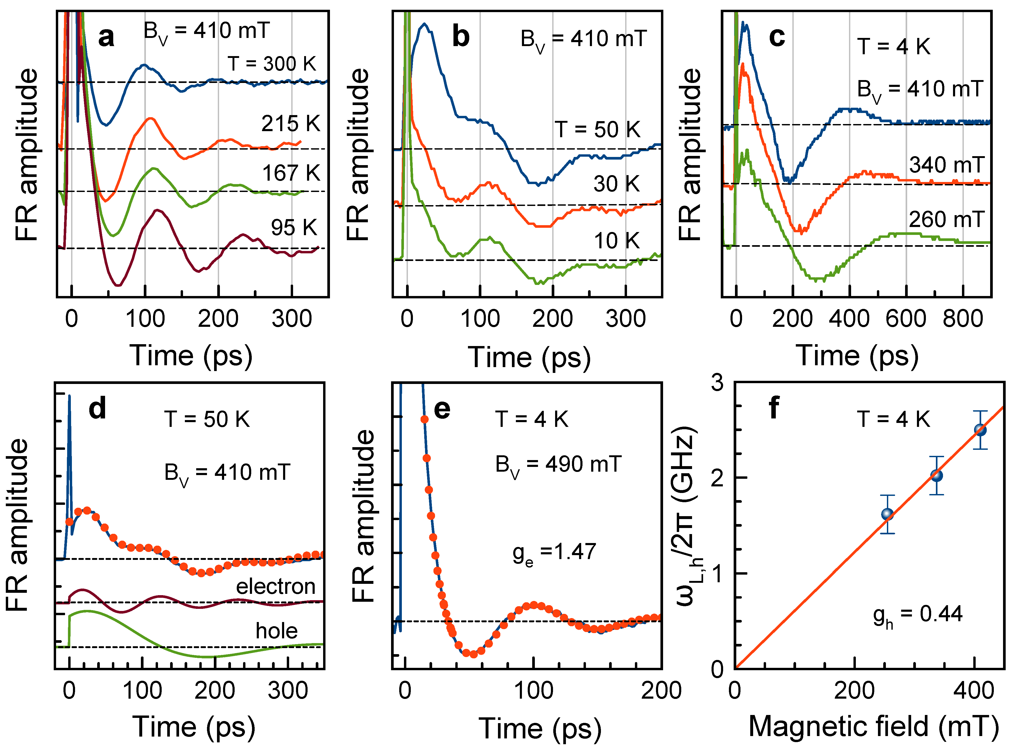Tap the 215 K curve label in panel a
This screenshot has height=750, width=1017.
pos(290,124)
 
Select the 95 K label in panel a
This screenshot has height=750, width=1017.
pos(294,228)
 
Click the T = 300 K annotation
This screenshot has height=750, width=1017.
pos(271,64)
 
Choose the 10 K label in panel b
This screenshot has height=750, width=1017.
pos(616,241)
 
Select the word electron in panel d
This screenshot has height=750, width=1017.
pos(276,586)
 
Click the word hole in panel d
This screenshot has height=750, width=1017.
pos(277,631)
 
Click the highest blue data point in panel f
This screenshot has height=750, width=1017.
pos(980,430)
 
